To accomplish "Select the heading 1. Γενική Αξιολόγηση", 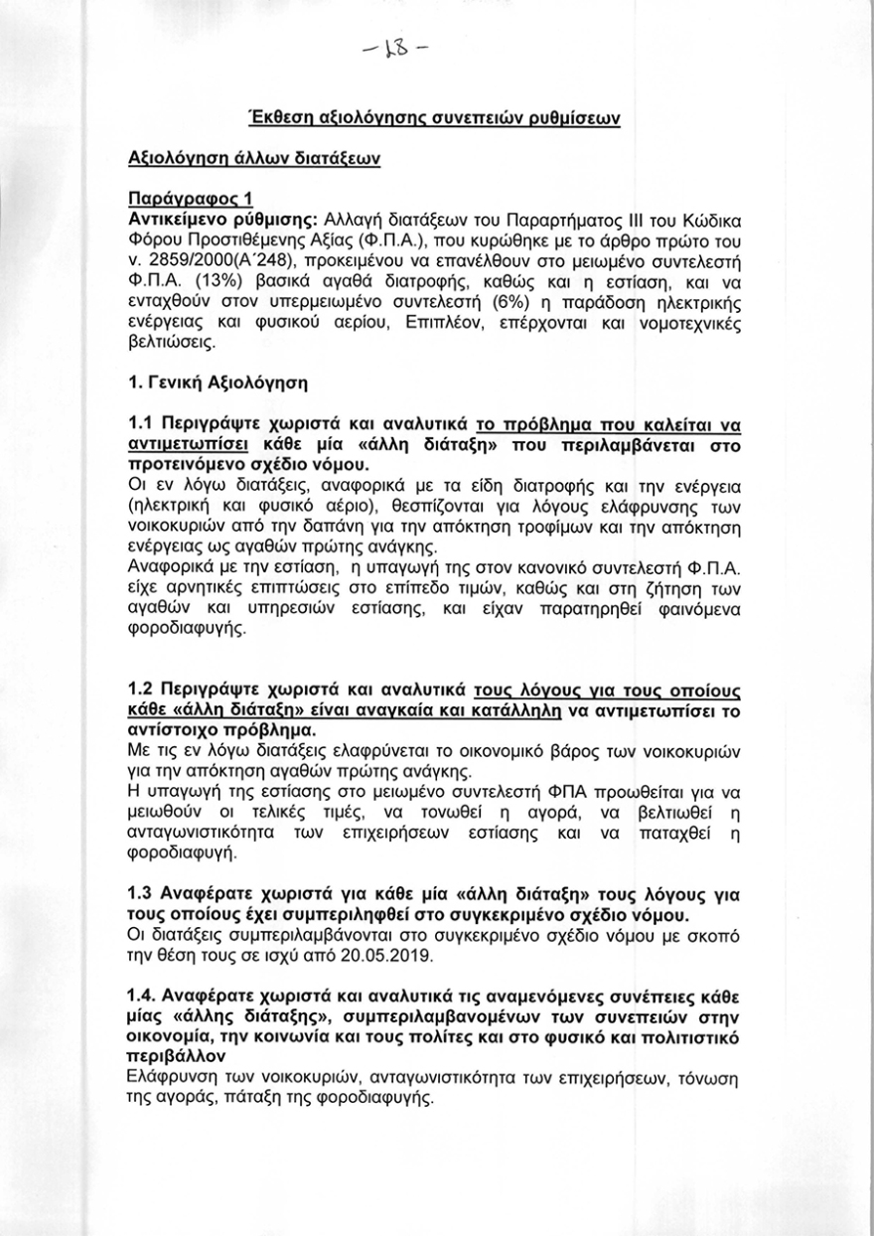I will point(218,382).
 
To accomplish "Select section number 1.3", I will point(143,893).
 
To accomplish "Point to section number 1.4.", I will point(145,996).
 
